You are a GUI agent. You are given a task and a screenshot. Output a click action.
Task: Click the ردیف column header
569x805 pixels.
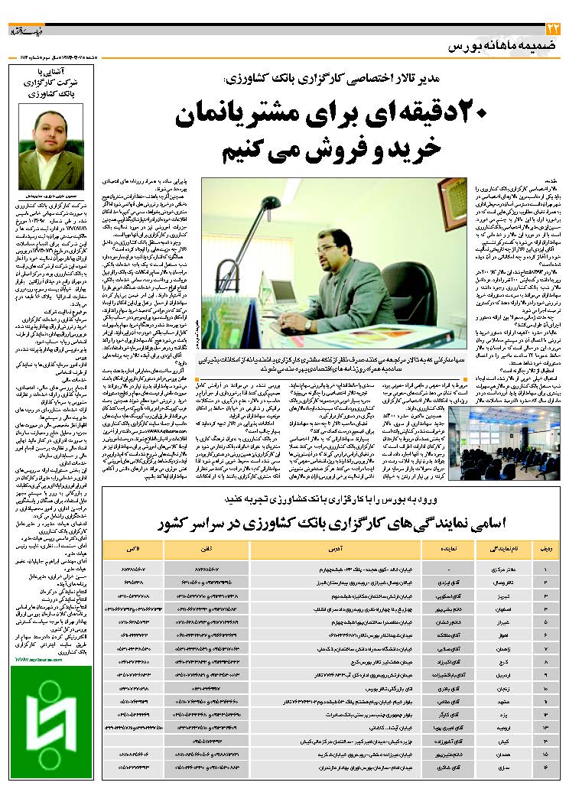(544, 547)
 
